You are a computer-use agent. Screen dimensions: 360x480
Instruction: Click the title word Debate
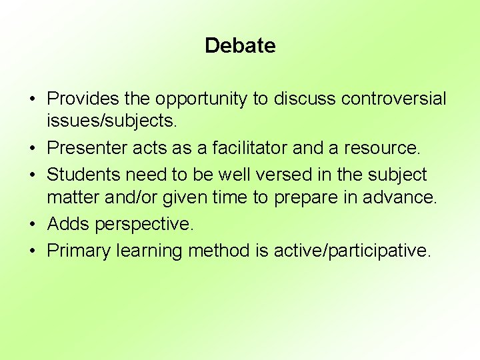coord(240,46)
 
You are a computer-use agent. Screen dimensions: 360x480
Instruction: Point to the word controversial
coord(393,99)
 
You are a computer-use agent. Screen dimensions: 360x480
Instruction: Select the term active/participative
coord(352,251)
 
